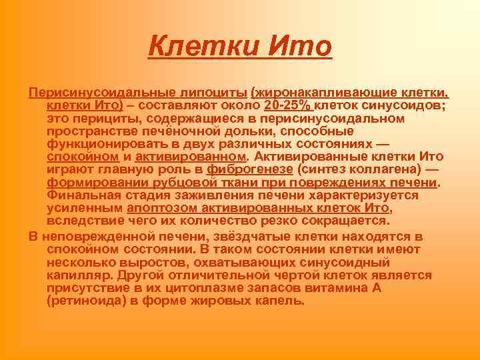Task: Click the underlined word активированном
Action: click(190, 157)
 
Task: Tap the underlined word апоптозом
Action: click(167, 208)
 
